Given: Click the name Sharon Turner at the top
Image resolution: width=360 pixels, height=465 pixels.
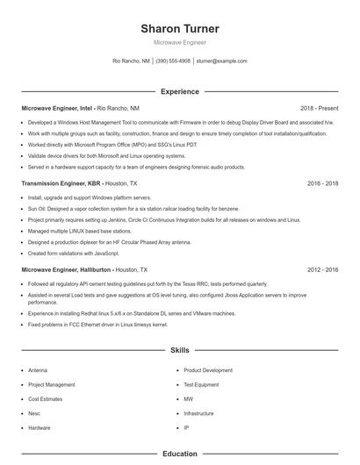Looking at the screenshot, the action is [x=179, y=29].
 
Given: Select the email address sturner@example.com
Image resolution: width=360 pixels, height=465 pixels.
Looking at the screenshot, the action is [x=221, y=61].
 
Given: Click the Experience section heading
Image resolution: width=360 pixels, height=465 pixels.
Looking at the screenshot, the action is [x=179, y=91].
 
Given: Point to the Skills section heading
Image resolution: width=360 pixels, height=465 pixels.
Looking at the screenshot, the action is [x=179, y=350].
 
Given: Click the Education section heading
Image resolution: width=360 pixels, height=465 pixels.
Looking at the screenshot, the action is [x=179, y=454].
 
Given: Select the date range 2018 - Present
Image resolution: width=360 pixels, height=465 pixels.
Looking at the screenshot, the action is [x=319, y=107].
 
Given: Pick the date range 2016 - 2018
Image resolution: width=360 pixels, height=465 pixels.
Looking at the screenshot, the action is [x=322, y=184].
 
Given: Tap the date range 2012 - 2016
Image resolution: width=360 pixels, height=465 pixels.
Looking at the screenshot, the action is [x=322, y=270].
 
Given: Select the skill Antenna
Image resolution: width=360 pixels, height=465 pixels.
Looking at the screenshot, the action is [x=38, y=370].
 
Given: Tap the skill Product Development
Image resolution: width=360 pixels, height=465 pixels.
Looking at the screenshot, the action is [x=208, y=370].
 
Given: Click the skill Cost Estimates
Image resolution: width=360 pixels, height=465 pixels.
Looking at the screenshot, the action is [x=46, y=399].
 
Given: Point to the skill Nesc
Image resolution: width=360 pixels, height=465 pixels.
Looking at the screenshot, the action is [x=35, y=413].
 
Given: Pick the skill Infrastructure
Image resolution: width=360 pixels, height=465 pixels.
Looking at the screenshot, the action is [x=199, y=413].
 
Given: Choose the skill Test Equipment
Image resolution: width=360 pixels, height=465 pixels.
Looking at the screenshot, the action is [x=201, y=384].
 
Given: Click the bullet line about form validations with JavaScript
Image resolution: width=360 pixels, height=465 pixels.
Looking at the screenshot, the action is [x=74, y=253].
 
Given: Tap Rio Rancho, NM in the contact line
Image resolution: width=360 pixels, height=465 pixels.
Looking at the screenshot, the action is [x=131, y=61].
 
